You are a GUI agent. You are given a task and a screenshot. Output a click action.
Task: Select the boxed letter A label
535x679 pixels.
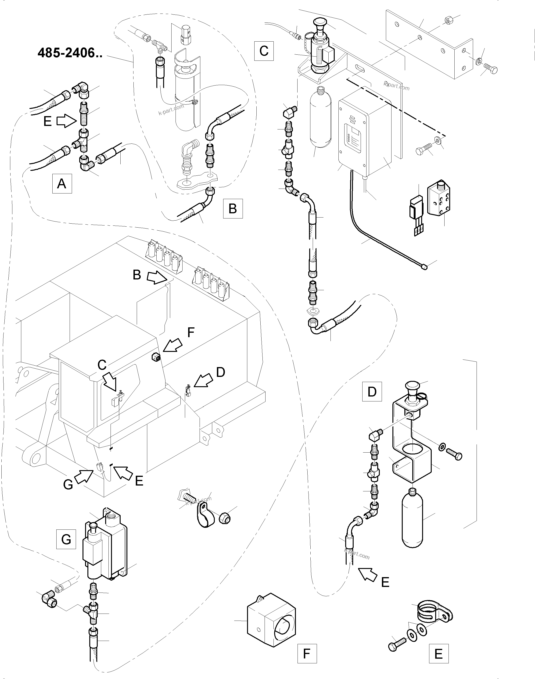pos(62,183)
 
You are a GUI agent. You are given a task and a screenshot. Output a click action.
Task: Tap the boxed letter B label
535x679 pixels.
pos(233,208)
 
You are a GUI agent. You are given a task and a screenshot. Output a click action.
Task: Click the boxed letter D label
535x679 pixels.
pos(372,391)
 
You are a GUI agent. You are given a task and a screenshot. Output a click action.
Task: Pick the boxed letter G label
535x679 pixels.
pos(66,539)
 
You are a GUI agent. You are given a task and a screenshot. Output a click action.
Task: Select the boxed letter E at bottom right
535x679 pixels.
pos(438,653)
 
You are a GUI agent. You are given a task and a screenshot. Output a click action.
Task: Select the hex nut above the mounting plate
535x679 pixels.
pos(449,20)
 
